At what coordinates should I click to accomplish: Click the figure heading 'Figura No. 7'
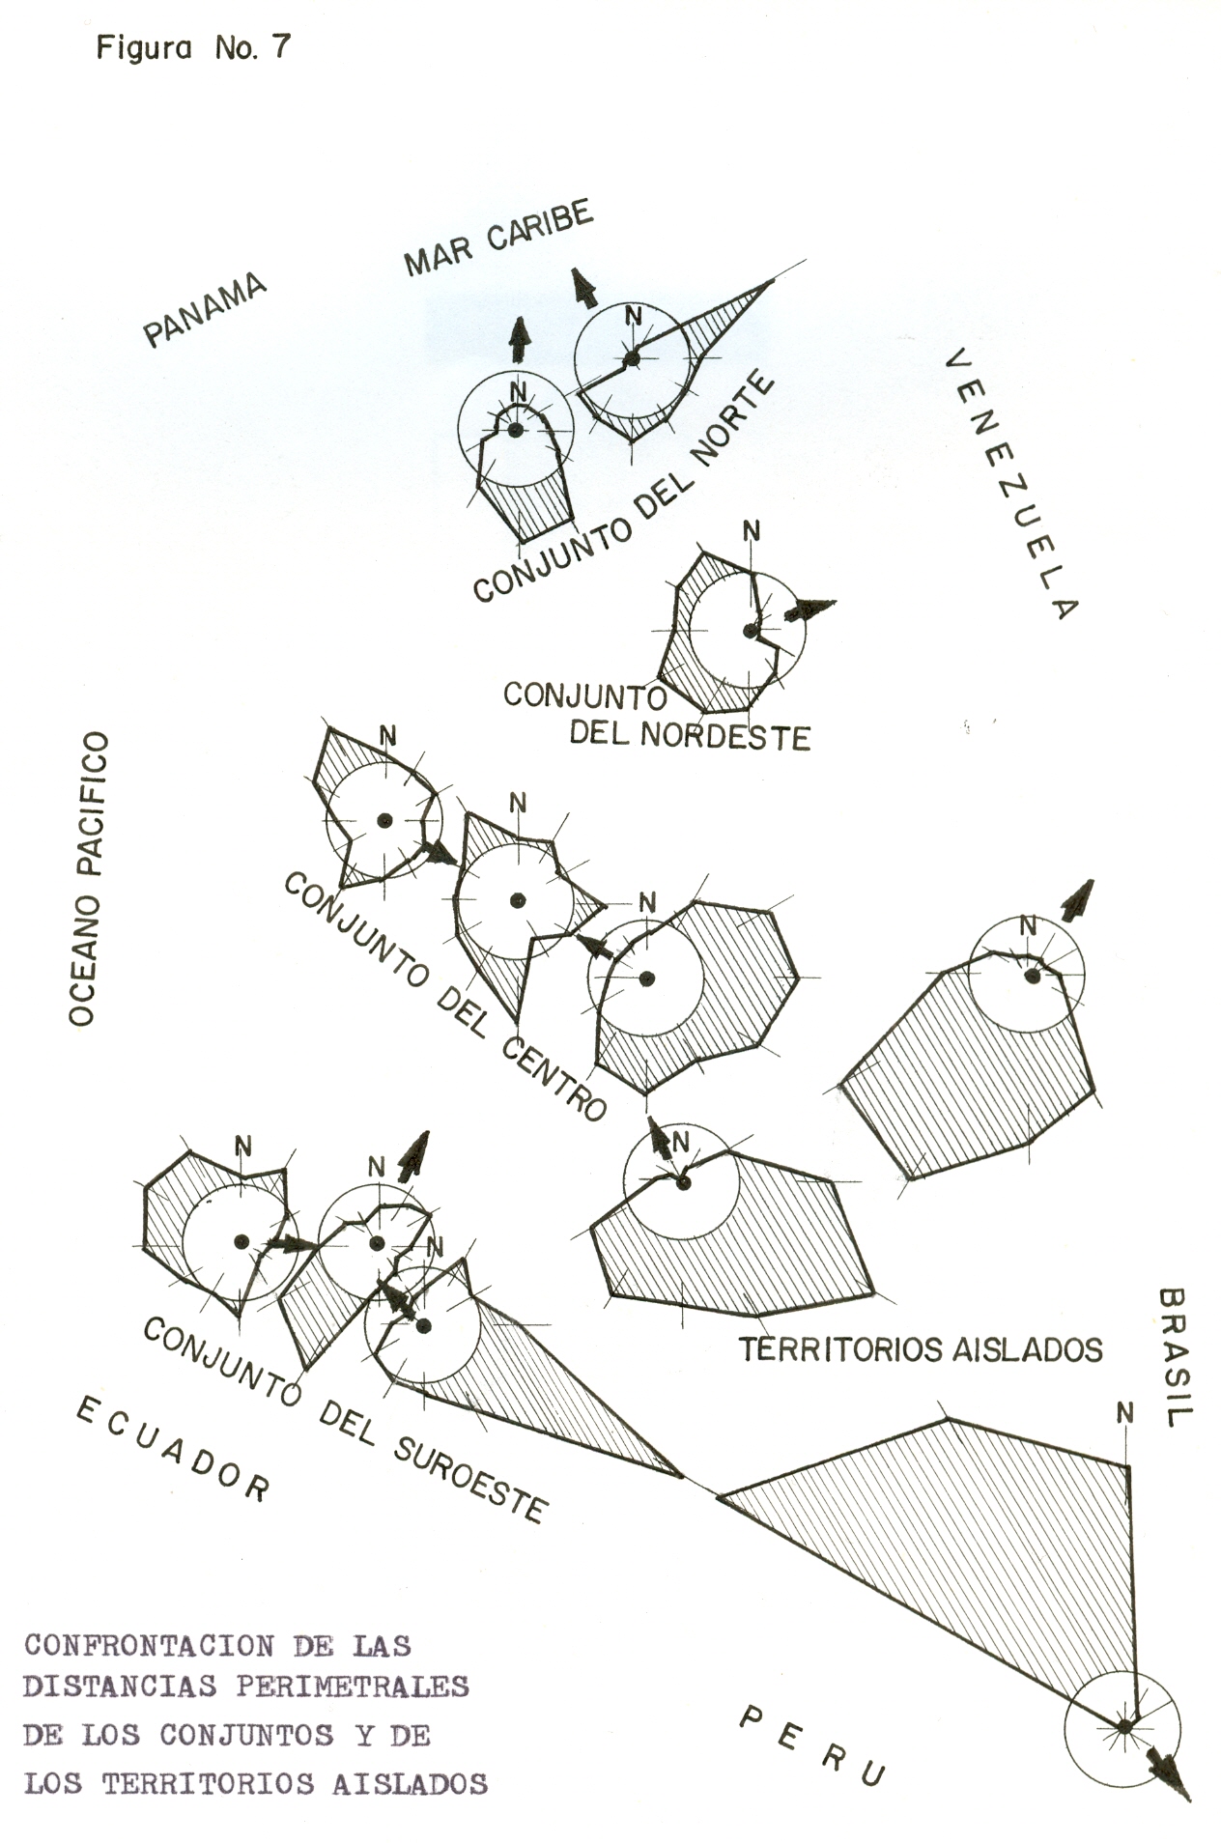point(192,48)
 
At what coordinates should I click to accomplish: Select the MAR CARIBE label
point(497,238)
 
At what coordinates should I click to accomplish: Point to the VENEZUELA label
point(1009,482)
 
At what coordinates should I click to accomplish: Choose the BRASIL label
point(1174,1356)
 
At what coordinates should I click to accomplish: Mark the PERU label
point(811,1744)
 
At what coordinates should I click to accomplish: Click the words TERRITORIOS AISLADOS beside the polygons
point(920,1348)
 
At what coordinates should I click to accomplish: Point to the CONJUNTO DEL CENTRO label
point(444,996)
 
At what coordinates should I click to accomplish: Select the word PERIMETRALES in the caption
point(352,1686)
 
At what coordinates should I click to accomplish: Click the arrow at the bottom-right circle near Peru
point(1169,1772)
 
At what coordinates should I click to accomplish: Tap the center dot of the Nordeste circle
point(750,631)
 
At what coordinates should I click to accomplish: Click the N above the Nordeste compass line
point(751,531)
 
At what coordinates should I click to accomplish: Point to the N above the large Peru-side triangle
point(1124,1414)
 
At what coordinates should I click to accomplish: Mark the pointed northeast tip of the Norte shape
point(772,282)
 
